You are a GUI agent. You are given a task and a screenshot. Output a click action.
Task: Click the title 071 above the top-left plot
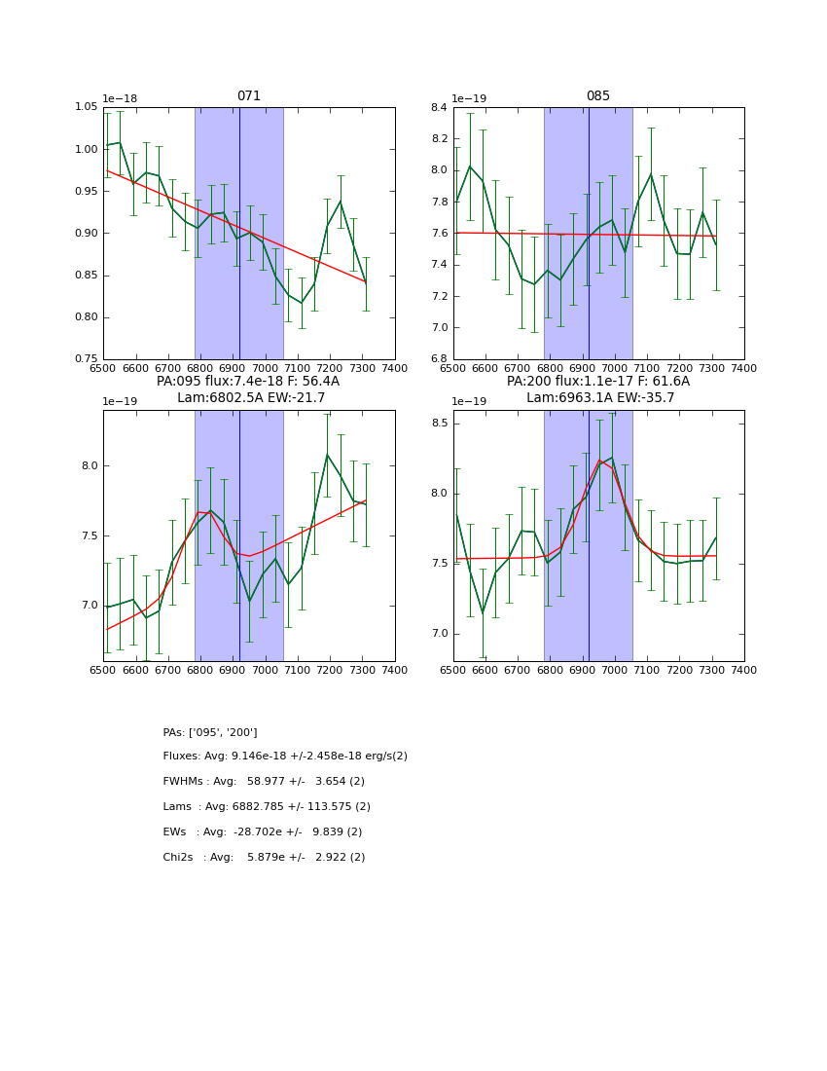[249, 96]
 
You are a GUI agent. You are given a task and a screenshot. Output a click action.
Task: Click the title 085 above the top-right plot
[598, 96]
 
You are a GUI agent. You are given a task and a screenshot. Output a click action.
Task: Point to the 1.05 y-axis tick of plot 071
[87, 107]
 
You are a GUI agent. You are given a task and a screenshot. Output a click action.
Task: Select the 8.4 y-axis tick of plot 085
[437, 107]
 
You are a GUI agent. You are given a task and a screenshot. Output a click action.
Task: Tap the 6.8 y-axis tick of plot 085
[437, 359]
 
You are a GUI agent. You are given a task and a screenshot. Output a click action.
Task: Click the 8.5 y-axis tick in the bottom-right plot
[437, 424]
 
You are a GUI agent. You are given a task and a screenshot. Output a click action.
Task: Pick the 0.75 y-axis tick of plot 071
[87, 359]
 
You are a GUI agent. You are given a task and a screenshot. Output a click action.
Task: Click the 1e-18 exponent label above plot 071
[120, 98]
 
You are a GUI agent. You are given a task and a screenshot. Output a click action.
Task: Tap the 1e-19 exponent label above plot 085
[469, 98]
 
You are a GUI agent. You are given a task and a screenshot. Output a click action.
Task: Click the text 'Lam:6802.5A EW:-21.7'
[250, 397]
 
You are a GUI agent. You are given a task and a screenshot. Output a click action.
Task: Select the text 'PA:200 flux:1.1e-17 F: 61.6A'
[598, 382]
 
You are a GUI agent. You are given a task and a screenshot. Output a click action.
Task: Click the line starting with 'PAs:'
[210, 732]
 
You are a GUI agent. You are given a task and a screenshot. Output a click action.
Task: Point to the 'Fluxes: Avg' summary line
[285, 757]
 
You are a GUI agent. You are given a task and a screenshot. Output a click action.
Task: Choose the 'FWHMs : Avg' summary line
[264, 782]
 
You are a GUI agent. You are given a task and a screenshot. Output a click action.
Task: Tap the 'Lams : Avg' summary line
[267, 807]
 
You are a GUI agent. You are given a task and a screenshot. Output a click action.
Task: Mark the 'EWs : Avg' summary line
[262, 832]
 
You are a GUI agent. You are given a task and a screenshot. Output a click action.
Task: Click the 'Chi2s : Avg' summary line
[264, 858]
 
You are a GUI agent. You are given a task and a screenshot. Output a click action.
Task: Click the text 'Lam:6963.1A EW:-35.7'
[600, 397]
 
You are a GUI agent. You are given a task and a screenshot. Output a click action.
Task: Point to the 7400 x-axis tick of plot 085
[744, 369]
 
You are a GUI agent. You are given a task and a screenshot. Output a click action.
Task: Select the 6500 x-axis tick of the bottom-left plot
[103, 671]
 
